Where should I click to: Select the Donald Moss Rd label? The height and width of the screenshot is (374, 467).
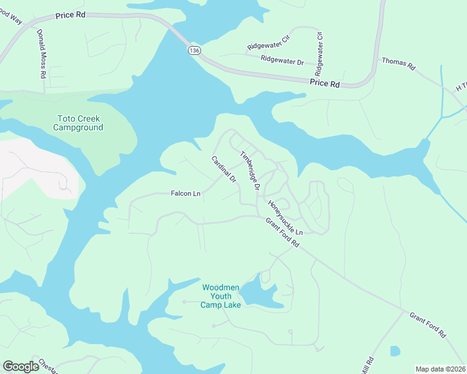click(41, 54)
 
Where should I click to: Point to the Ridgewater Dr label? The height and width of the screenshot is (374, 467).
click(282, 61)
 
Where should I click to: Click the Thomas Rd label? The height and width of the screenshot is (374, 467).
click(398, 63)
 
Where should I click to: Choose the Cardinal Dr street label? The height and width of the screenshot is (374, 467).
click(223, 169)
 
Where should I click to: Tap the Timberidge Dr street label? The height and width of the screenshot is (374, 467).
click(250, 170)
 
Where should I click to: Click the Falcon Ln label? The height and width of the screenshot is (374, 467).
click(185, 194)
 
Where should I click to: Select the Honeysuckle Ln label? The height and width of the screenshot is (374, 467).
click(285, 218)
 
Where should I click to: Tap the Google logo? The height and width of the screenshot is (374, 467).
click(21, 367)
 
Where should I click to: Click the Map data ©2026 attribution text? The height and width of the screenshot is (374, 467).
click(440, 369)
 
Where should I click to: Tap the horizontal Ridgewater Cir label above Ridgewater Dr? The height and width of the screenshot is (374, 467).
click(268, 46)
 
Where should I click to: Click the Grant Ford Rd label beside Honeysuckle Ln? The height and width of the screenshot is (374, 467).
click(282, 233)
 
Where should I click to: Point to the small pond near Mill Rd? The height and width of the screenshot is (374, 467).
click(395, 351)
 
